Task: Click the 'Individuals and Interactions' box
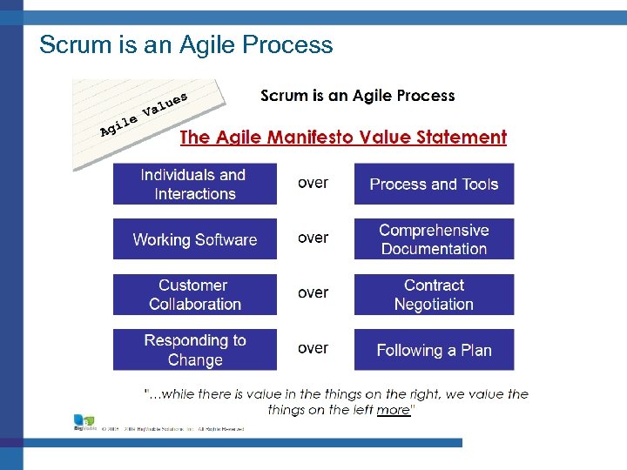click(194, 185)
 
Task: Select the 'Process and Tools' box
click(434, 185)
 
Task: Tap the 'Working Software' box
click(194, 239)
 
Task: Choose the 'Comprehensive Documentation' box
click(434, 239)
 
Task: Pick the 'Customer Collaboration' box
click(194, 294)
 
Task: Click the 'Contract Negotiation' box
click(434, 294)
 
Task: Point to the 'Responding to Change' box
click(194, 350)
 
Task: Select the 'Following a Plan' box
click(434, 350)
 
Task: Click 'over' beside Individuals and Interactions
click(313, 183)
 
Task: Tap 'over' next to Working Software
click(313, 238)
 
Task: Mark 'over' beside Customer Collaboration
click(313, 293)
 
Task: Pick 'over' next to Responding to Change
click(313, 348)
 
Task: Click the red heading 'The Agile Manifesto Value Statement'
click(342, 138)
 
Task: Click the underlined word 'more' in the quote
click(394, 410)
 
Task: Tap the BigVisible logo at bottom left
click(84, 424)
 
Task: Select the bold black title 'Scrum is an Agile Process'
click(357, 96)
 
